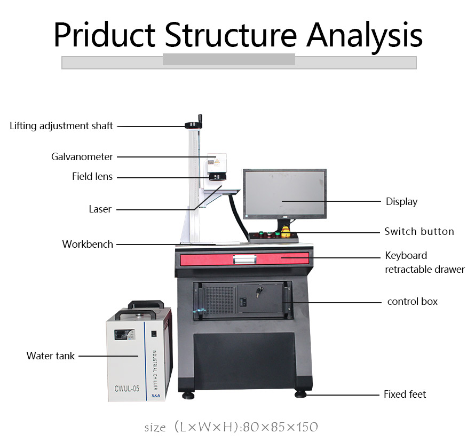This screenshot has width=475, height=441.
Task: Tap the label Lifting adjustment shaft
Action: (61, 126)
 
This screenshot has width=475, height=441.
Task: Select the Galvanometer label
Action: (82, 157)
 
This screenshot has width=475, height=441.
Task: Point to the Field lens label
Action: (92, 177)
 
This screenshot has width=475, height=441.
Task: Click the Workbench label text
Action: (88, 245)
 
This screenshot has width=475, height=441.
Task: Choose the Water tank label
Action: (51, 356)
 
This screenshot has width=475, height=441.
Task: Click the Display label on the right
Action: (401, 202)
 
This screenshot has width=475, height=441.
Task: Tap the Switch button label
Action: (419, 232)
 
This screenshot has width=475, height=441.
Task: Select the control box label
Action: (412, 302)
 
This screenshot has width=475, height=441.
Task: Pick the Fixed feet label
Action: (405, 395)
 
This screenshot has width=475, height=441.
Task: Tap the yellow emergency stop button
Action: (286, 232)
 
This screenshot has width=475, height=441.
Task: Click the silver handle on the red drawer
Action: (244, 259)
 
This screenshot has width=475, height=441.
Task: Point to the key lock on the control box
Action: (259, 292)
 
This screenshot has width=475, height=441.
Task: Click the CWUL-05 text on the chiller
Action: (126, 389)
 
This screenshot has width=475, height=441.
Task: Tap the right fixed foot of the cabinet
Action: (300, 395)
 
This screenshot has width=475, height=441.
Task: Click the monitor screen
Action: (284, 193)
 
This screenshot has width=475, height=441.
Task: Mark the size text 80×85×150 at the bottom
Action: (281, 427)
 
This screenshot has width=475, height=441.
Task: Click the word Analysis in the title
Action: (365, 35)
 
